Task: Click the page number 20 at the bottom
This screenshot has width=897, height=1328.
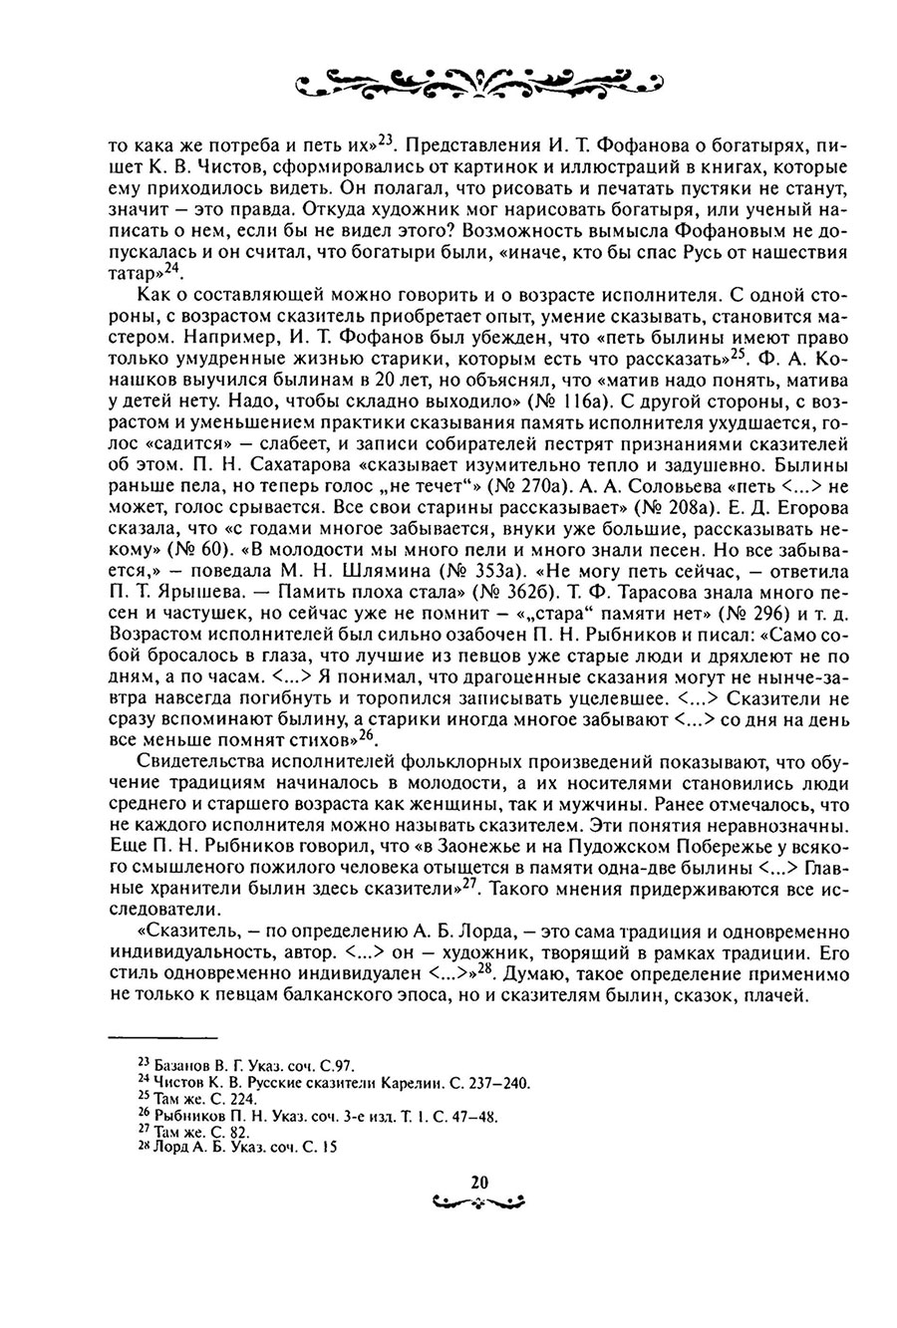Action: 477,1183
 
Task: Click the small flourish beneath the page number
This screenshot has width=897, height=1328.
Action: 477,1201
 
